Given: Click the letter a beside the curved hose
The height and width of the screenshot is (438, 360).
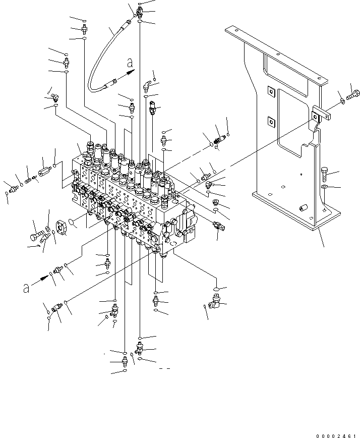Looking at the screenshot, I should (130, 64).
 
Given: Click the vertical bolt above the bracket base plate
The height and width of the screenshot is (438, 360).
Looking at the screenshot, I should (324, 173).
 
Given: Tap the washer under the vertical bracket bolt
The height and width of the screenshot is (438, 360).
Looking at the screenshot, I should (324, 188).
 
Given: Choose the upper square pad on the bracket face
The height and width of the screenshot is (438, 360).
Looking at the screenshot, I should (270, 91).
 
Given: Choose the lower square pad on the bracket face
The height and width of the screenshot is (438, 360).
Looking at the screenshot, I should (270, 121).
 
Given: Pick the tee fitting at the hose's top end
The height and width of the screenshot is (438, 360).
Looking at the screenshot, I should (139, 12).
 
